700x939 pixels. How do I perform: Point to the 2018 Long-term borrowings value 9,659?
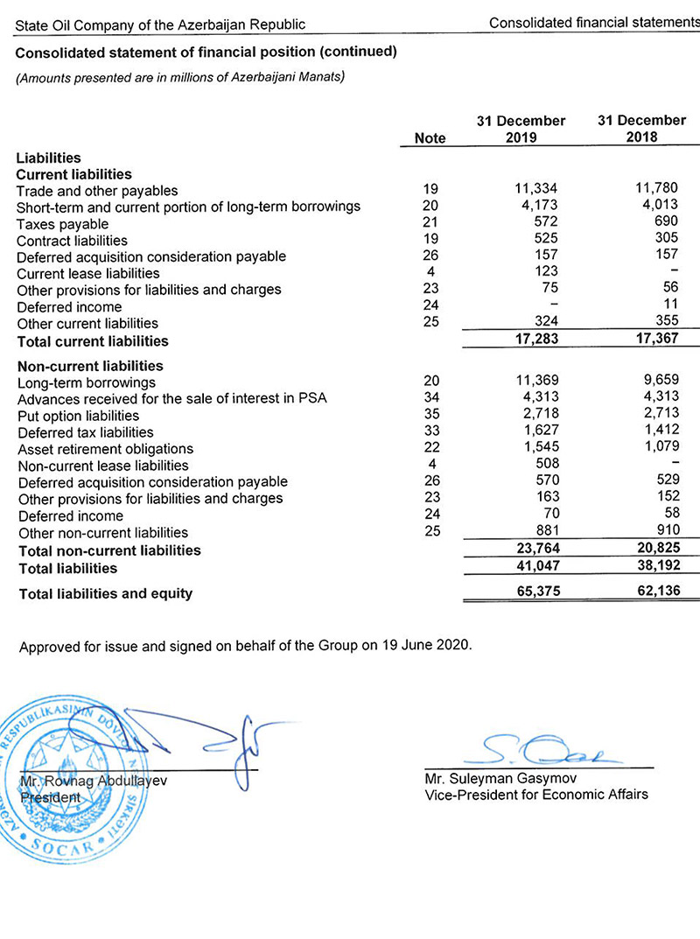tap(660, 382)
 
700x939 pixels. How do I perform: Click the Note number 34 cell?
tap(430, 398)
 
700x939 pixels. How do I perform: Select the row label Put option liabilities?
tap(78, 416)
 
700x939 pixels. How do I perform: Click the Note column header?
tap(429, 137)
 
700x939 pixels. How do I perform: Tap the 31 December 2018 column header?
tap(642, 129)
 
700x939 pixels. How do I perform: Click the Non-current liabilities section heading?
tap(90, 366)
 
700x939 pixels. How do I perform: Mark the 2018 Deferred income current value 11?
tap(671, 307)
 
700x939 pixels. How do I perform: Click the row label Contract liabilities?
tap(72, 241)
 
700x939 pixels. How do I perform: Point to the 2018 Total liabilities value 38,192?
tap(655, 567)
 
